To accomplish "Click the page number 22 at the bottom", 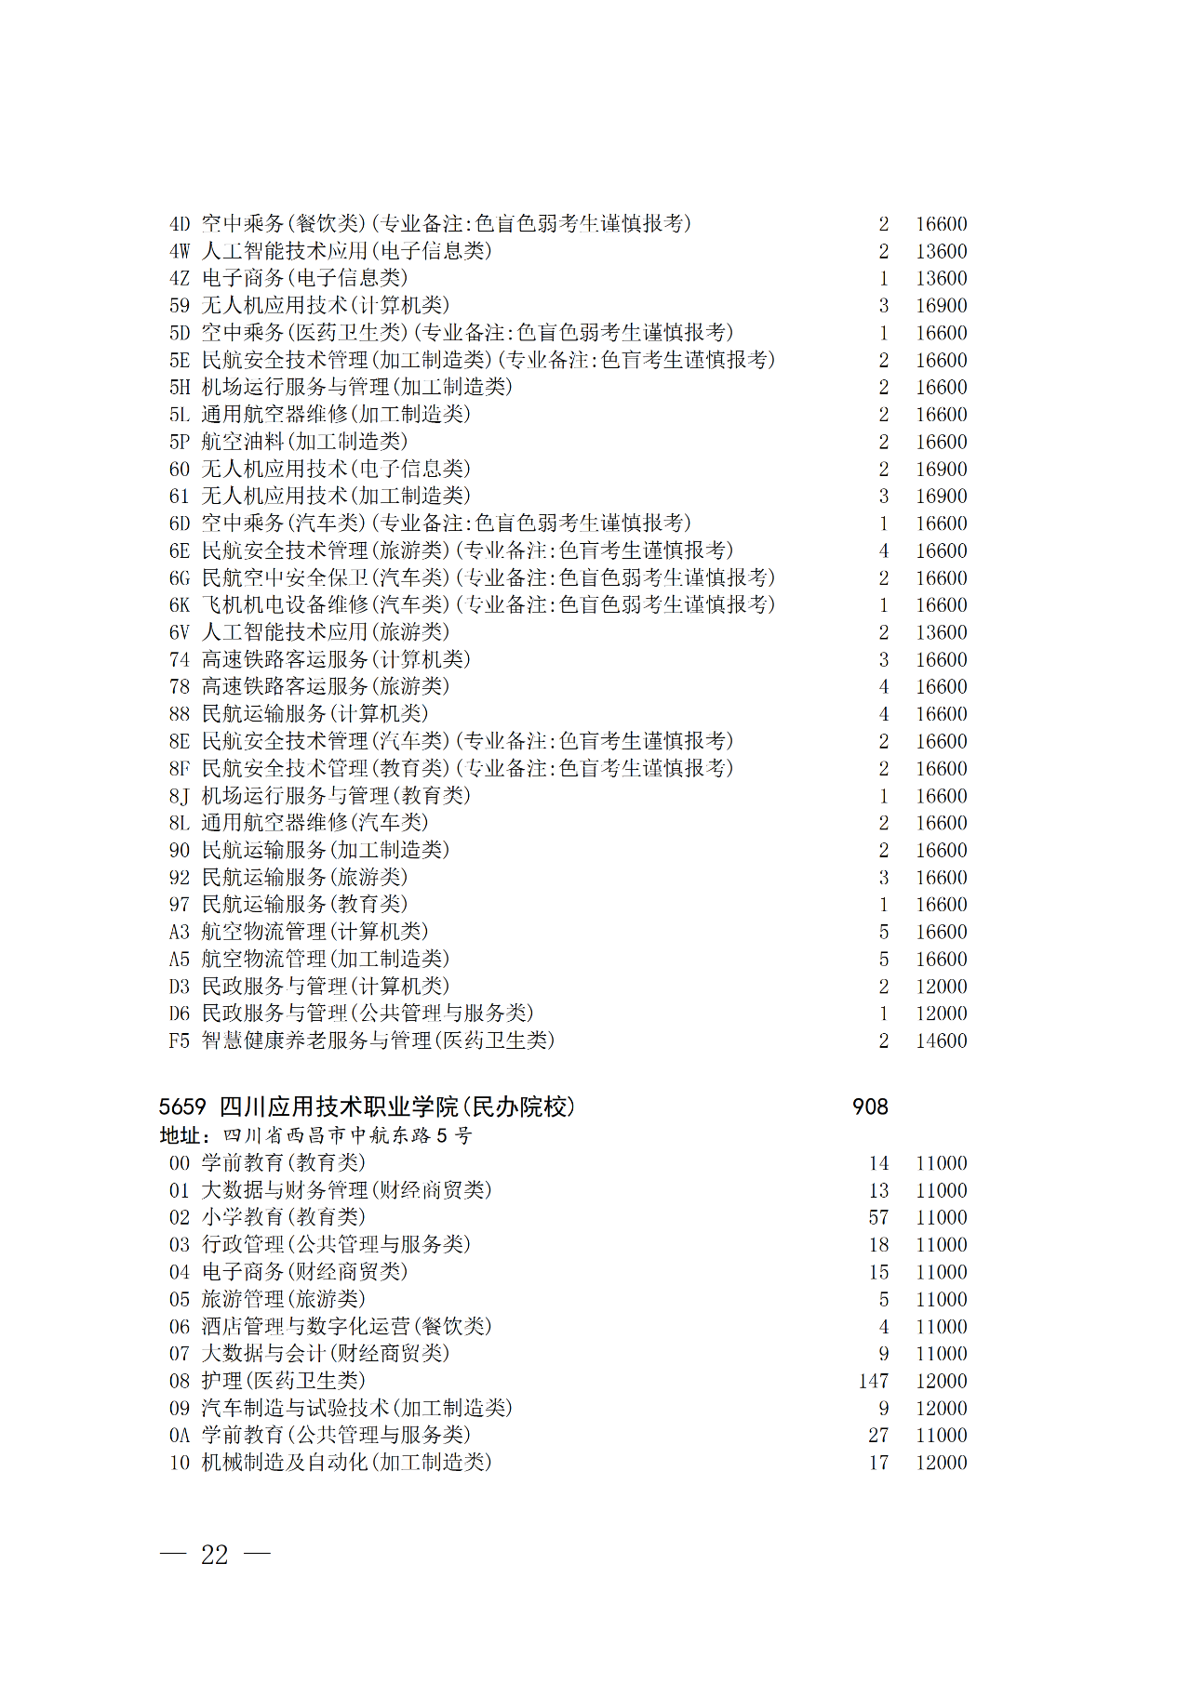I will point(215,1555).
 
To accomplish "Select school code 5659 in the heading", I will point(182,1107).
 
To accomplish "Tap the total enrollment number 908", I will point(870,1107).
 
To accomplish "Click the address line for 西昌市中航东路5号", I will point(316,1135).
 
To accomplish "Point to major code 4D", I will point(180,224).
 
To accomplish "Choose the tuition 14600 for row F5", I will point(941,1040).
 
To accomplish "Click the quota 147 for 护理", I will point(874,1381).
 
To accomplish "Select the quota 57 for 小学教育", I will point(878,1217).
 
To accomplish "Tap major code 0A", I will point(180,1436).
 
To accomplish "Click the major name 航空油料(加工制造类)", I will point(304,442).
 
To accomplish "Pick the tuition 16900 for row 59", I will point(941,306).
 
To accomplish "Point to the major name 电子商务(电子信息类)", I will point(304,278).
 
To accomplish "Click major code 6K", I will point(180,605).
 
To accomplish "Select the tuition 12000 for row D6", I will point(941,1014).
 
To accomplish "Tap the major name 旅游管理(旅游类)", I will point(284,1299).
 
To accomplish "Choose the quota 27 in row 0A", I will point(878,1436).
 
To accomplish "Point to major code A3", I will point(180,932).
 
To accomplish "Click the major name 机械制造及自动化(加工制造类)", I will point(346,1463).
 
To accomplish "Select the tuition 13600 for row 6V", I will point(941,632).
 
